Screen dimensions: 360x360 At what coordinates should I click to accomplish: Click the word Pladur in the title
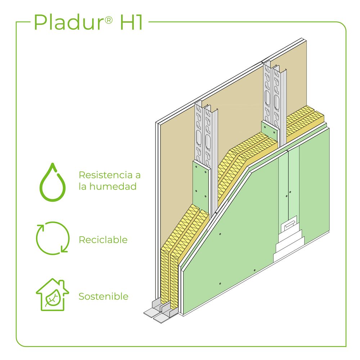click(x=69, y=22)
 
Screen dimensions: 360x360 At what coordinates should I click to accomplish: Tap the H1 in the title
click(x=131, y=22)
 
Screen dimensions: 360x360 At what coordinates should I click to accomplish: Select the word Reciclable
click(x=103, y=240)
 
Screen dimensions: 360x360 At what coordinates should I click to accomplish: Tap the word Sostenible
click(x=103, y=297)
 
